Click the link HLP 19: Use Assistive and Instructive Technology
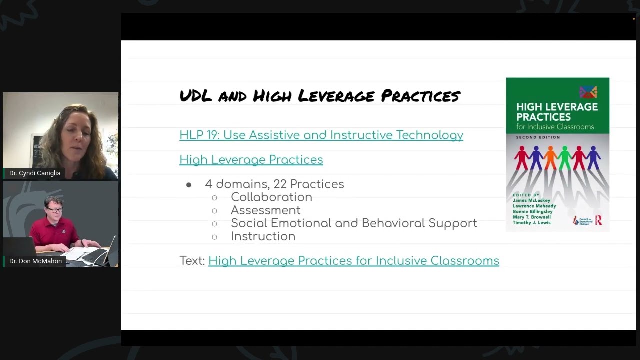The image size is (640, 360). (321, 135)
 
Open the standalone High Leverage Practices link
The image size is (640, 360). (251, 160)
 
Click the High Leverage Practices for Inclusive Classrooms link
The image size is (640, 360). (353, 261)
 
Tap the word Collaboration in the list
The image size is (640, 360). (271, 197)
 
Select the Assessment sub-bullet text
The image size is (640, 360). (265, 210)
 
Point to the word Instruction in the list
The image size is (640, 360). (263, 236)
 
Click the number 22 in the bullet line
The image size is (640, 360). (280, 184)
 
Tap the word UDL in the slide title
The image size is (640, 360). (196, 95)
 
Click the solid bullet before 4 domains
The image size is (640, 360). (189, 185)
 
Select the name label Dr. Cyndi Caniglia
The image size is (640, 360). (35, 173)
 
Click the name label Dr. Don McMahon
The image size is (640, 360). (35, 261)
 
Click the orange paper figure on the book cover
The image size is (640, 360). (550, 157)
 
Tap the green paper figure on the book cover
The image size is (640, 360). (565, 157)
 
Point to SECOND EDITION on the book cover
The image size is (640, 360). (531, 137)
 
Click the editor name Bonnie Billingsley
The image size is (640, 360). (532, 212)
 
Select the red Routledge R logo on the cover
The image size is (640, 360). (598, 220)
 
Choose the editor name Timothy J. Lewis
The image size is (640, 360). (531, 223)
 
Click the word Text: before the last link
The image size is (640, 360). (192, 261)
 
